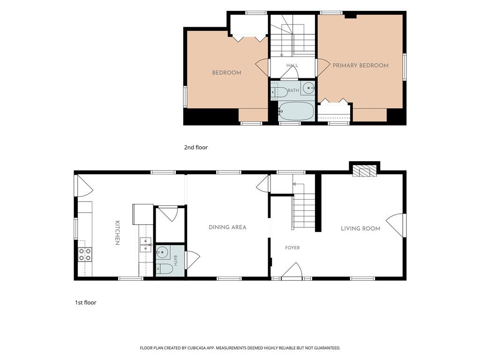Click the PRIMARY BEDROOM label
pyautogui.click(x=360, y=65)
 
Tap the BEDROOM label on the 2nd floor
pyautogui.click(x=226, y=73)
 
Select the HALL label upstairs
pyautogui.click(x=292, y=65)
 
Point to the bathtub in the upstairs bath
pyautogui.click(x=296, y=111)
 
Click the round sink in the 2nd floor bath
pyautogui.click(x=308, y=88)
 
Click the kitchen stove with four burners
pyautogui.click(x=85, y=254)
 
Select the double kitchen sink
pyautogui.click(x=146, y=245)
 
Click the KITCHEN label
pyautogui.click(x=117, y=233)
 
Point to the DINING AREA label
pyautogui.click(x=227, y=227)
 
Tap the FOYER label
pyautogui.click(x=292, y=247)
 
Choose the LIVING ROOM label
pyautogui.click(x=360, y=228)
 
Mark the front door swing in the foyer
pyautogui.click(x=292, y=270)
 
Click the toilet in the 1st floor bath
pyautogui.click(x=165, y=269)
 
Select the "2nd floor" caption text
pyautogui.click(x=195, y=147)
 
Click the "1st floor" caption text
pyautogui.click(x=85, y=302)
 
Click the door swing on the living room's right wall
pyautogui.click(x=395, y=225)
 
